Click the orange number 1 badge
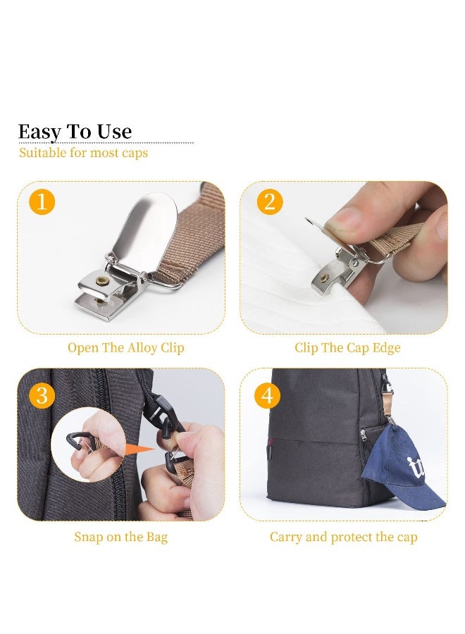42,202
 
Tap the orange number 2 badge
270,202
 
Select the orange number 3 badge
42,395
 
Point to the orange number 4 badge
267,395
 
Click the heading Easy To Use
75,132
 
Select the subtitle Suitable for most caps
83,153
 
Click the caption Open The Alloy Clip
125,348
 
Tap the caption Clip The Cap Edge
347,348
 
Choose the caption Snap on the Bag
121,537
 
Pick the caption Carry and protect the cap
343,537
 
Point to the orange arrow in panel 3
139,449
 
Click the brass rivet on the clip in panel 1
101,280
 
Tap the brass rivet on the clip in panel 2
323,278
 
